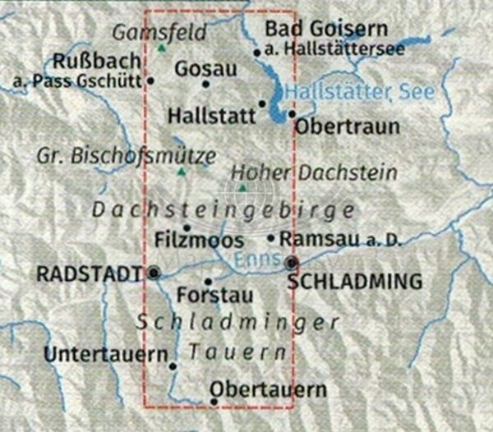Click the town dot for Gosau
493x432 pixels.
(205, 83)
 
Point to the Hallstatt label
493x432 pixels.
(211, 116)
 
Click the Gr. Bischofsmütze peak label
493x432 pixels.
(127, 155)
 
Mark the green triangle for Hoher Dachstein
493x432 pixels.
(242, 188)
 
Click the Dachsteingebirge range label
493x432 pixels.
(223, 209)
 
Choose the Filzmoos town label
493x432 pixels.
(199, 241)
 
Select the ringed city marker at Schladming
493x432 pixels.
(292, 263)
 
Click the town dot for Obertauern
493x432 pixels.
(214, 402)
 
